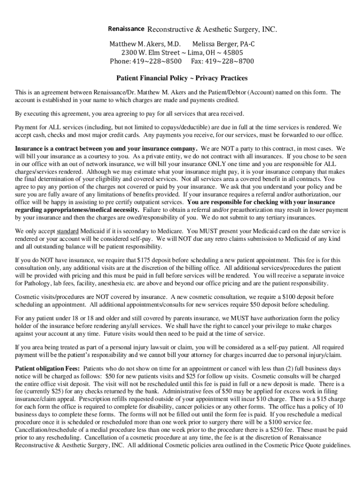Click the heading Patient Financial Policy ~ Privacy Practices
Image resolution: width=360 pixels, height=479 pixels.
point(182,78)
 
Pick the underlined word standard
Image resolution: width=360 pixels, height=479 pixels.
point(68,231)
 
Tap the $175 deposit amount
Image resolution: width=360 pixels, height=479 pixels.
point(144,260)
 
